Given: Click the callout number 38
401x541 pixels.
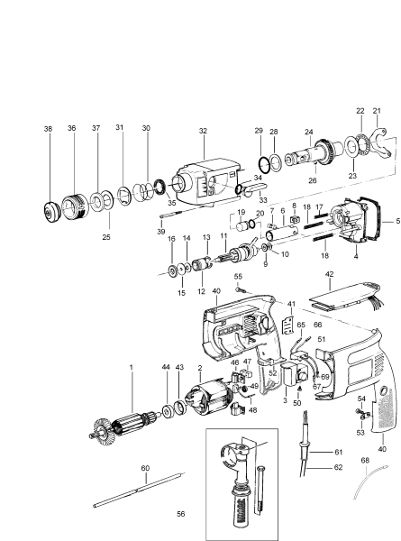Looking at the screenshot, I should [48, 129].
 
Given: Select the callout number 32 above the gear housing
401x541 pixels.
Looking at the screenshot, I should [203, 130].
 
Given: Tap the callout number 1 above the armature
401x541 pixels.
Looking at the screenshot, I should [131, 367].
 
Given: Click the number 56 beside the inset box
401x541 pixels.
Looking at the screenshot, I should [181, 513].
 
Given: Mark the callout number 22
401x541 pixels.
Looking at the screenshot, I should [359, 110].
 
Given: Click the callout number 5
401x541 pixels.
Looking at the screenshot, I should [396, 220].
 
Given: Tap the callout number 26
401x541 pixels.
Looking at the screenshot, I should [313, 179].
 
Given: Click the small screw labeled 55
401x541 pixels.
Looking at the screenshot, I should [239, 289].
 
